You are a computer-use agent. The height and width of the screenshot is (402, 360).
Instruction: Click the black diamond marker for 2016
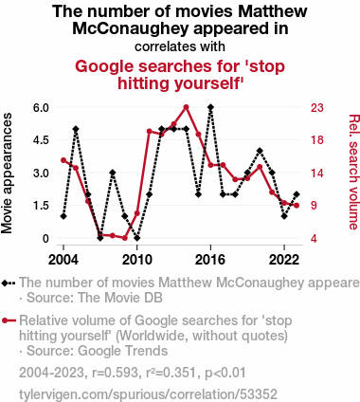pos(210,107)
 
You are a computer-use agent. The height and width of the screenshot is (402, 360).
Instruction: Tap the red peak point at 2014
pos(187,107)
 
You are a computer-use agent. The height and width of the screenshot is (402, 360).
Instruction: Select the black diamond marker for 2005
pos(76,129)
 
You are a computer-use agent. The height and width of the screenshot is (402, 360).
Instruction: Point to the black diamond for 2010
pos(137,238)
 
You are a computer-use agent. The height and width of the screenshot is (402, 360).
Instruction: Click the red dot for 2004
pos(63,160)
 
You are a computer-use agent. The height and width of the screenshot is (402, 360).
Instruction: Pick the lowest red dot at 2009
pos(125,238)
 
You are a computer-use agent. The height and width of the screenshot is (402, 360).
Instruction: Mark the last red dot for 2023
pos(297,206)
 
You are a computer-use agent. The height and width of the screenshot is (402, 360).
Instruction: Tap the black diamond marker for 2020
pos(260,151)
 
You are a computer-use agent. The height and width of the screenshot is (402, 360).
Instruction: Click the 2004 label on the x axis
pos(63,260)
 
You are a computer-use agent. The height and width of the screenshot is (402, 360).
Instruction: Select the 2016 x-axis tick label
pos(210,260)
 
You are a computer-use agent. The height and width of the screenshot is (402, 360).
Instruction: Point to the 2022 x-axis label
pos(284,260)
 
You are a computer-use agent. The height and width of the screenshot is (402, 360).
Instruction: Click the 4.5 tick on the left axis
pos(42,140)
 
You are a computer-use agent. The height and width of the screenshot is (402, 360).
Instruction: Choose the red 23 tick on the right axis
pos(317,108)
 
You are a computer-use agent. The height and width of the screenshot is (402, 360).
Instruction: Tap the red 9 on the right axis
pos(314,206)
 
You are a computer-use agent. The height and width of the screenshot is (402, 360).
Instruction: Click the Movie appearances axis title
pos(7,174)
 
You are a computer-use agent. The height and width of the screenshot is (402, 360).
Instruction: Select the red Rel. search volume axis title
pos(353,173)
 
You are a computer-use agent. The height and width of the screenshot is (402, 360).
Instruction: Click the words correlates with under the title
pos(180,46)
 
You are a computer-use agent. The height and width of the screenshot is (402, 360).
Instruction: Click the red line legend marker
pos(9,320)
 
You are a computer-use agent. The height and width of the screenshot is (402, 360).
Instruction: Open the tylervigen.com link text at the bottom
pos(148,394)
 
